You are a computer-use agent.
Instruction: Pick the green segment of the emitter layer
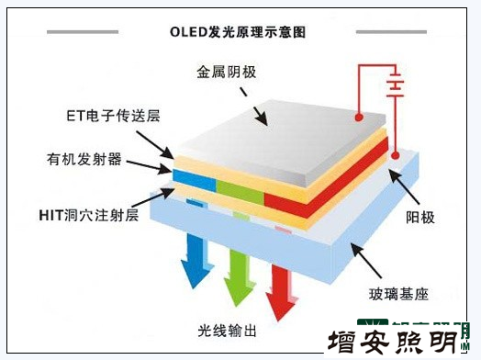point(240,190)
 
